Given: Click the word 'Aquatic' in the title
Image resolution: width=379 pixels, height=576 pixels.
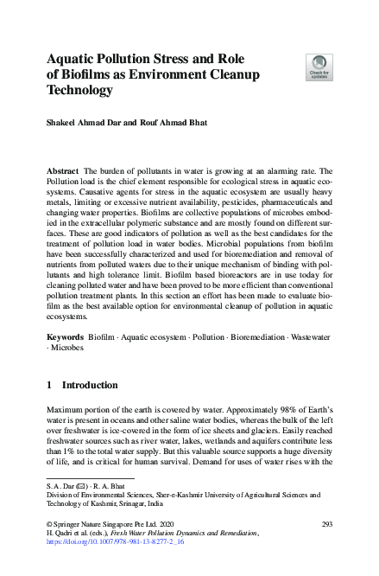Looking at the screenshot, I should click(73, 59).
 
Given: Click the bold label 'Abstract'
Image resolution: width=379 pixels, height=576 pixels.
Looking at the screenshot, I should click(63, 173).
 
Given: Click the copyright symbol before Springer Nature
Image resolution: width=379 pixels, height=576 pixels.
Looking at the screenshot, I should click(48, 525).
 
